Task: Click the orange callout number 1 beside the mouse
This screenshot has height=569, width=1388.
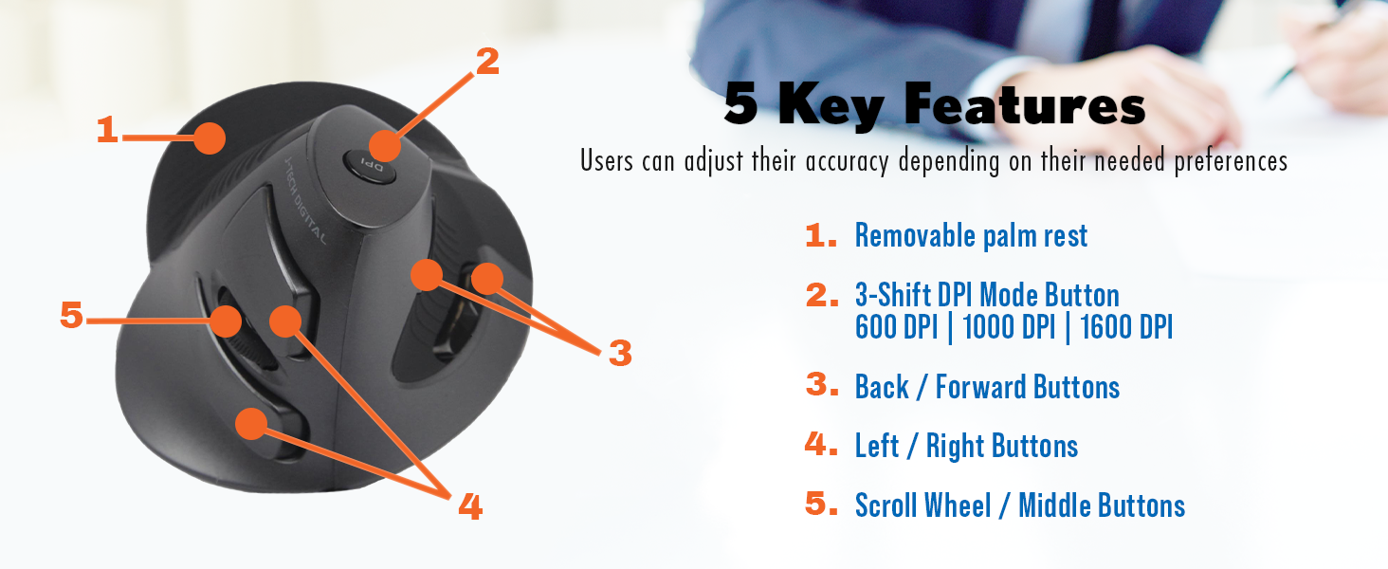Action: coord(108,130)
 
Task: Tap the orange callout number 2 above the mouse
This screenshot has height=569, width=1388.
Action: coord(487,61)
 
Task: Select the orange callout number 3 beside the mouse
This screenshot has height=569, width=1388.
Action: coord(620,353)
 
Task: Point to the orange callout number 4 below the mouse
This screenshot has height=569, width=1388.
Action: coord(470,505)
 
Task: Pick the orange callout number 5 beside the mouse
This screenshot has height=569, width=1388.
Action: coord(71,314)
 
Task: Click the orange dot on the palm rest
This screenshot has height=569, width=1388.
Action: coord(210,138)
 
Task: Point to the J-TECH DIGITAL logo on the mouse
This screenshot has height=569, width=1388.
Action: coord(305,199)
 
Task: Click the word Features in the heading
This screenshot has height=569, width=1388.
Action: coord(1024,104)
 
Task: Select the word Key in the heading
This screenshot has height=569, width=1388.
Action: coord(831,105)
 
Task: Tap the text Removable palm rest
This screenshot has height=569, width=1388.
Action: coord(971,236)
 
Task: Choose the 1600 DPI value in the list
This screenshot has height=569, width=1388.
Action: coord(1126,326)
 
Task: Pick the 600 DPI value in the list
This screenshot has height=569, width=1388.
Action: coord(896,326)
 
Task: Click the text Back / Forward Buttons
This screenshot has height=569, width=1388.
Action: coord(987,387)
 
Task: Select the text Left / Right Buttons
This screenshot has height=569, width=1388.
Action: coord(967,447)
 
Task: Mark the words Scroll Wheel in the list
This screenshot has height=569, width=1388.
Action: coord(923,505)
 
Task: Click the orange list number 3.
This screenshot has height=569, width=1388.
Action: coord(822,384)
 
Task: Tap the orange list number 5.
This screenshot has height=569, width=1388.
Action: coord(822,503)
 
